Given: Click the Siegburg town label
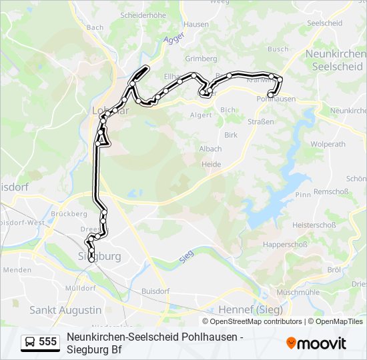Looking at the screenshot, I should [x=100, y=256].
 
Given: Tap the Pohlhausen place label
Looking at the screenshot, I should [x=276, y=99].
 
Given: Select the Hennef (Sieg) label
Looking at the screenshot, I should [x=250, y=310].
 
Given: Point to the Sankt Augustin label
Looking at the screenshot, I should [x=65, y=310].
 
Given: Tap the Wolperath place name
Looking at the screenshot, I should [x=328, y=143].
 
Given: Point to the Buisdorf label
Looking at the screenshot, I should [x=155, y=291].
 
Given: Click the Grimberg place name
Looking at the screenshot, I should [x=201, y=58].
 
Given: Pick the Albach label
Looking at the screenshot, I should [x=210, y=149].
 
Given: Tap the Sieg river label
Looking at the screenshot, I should [x=188, y=257].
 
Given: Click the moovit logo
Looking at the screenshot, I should [x=316, y=343].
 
